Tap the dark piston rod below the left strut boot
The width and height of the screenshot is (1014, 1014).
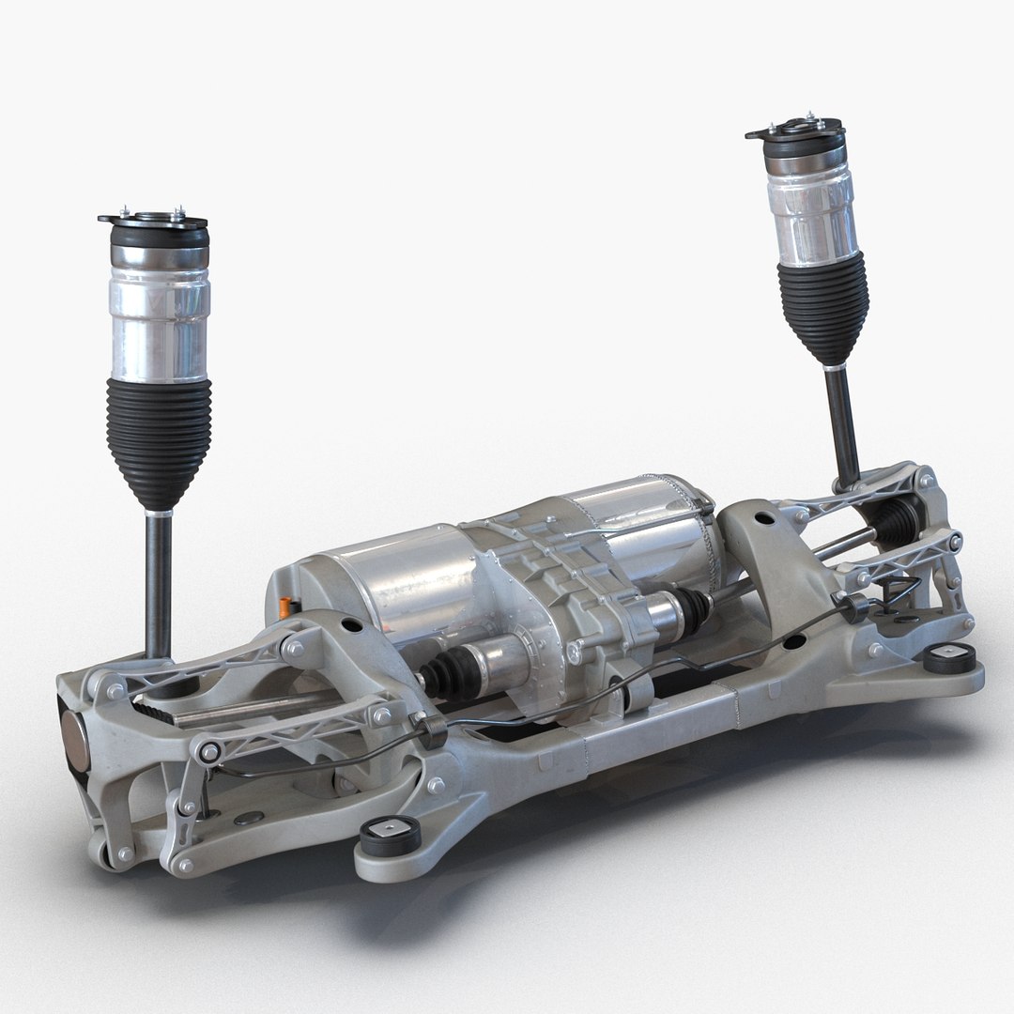tap(159, 582)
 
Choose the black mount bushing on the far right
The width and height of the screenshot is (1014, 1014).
tap(948, 657)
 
